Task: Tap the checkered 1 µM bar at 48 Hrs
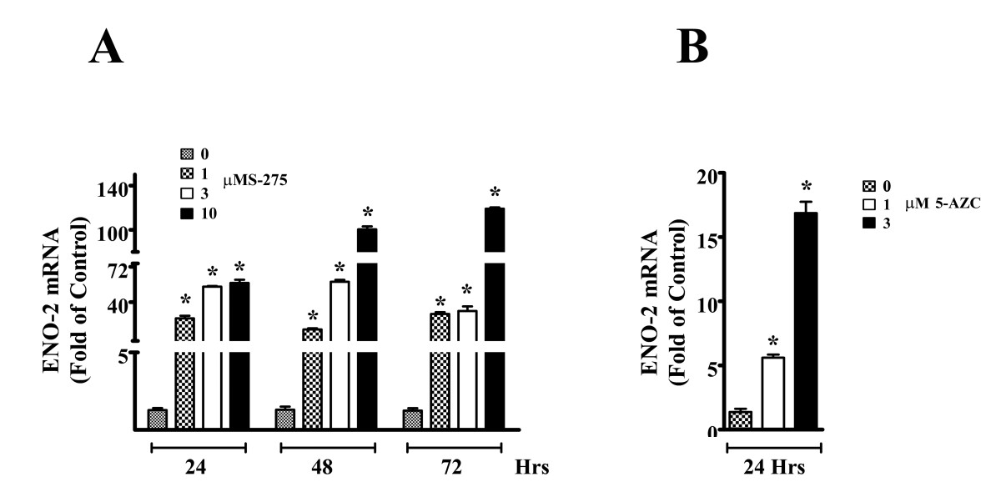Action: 312,379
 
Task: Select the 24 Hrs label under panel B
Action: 774,467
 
